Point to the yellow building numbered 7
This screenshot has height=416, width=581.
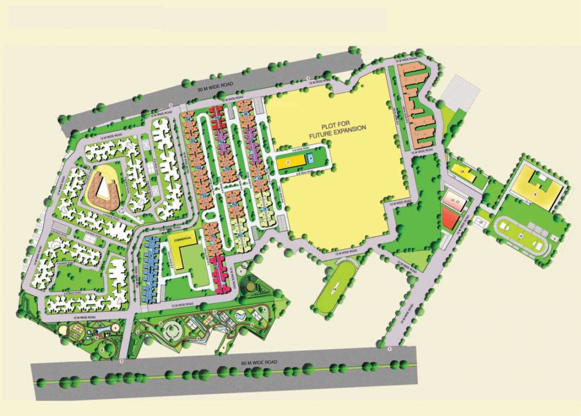288,161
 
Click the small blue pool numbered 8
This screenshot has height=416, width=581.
310,158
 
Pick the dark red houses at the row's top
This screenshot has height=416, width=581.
216,113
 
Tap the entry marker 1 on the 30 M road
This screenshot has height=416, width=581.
308,79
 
